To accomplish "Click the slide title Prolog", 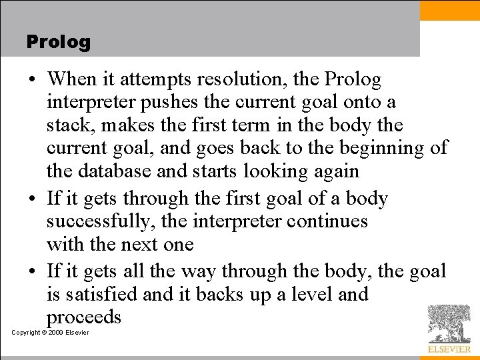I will pos(58,42).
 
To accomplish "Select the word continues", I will pos(327,221).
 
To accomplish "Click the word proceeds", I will pos(84,317).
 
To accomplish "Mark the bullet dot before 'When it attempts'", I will pos(33,80).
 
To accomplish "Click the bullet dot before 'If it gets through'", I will pos(33,199).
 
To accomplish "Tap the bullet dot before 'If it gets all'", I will pos(33,271).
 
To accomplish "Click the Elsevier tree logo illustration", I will pos(449,323).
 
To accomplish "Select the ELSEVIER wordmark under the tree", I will pos(449,349).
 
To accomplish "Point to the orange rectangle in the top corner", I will pos(450,11).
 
